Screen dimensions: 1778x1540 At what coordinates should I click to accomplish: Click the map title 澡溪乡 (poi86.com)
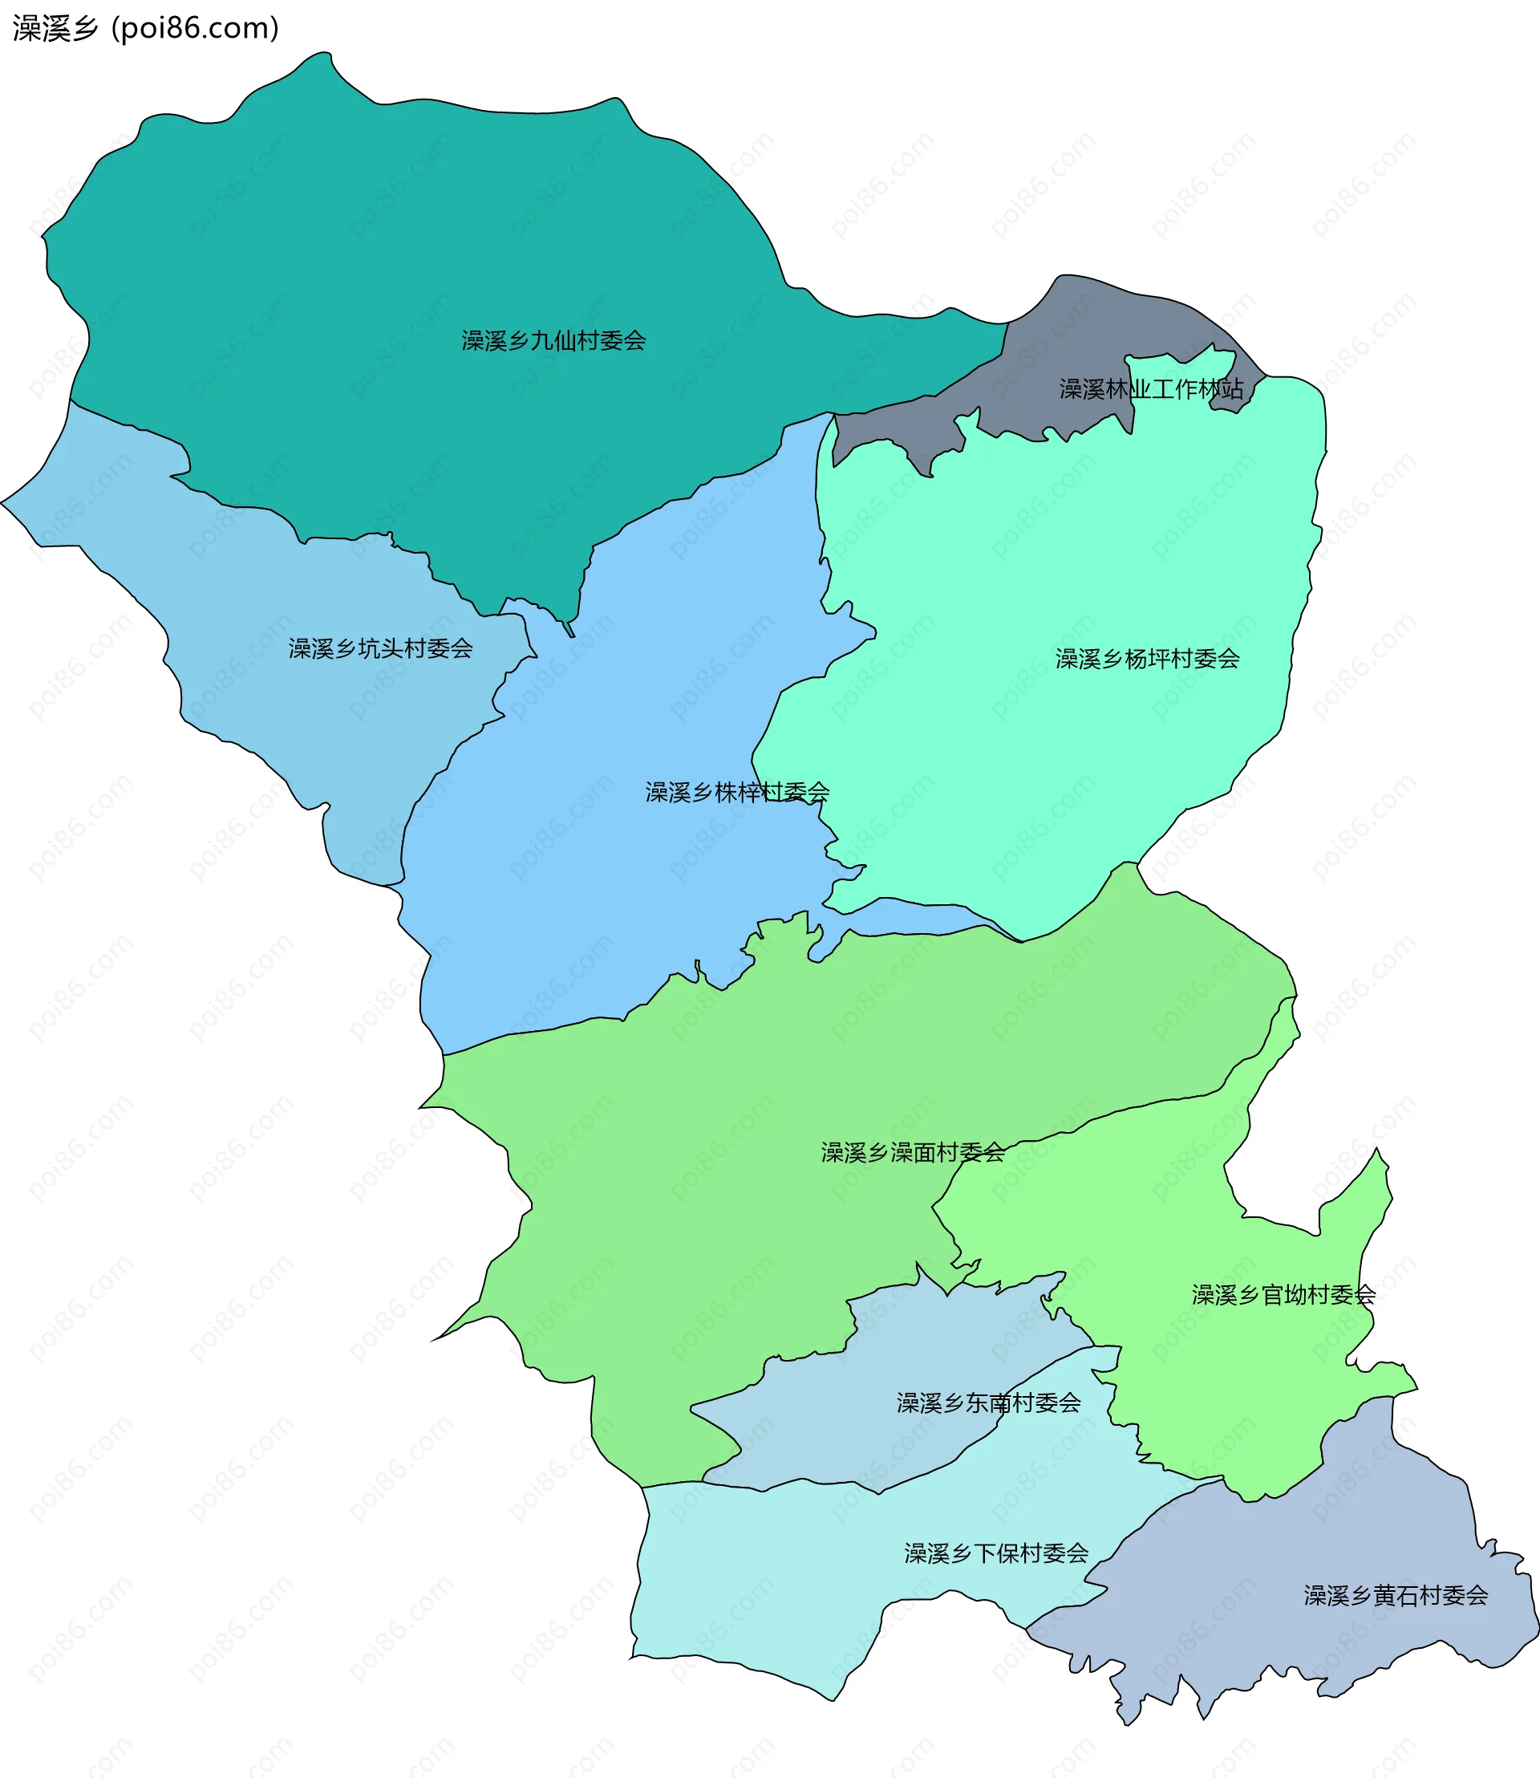coord(145,28)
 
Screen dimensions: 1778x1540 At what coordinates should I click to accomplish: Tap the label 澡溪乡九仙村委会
coord(553,341)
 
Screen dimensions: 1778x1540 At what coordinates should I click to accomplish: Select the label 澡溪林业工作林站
coord(1151,389)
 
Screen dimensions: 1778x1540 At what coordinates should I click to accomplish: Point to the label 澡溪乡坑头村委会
coord(381,648)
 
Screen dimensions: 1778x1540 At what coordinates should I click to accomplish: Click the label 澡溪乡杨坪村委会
coord(1147,660)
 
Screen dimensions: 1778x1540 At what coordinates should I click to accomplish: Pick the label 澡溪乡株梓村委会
coord(737,793)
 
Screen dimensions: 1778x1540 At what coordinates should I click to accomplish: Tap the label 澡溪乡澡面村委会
coord(913,1153)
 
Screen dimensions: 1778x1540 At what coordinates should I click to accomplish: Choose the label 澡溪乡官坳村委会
coord(1283,1295)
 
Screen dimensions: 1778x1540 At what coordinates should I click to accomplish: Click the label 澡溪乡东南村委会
coord(988,1403)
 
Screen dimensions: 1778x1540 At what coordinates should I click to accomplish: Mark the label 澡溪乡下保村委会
coord(996,1553)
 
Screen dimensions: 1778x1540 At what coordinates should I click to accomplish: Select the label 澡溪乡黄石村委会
coord(1396,1596)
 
